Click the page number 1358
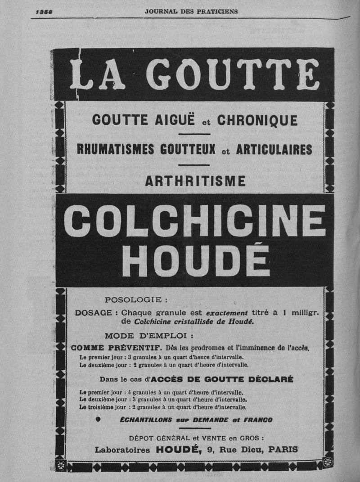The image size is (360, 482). click(x=44, y=12)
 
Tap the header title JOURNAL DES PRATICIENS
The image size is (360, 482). click(x=191, y=11)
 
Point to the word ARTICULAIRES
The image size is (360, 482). click(x=274, y=150)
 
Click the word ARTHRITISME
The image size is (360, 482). click(x=195, y=181)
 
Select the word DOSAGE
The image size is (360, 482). click(x=96, y=313)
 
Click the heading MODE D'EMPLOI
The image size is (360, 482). click(x=149, y=336)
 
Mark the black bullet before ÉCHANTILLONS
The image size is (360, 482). click(x=98, y=420)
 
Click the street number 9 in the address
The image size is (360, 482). click(x=210, y=449)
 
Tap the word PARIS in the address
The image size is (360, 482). click(x=283, y=449)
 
